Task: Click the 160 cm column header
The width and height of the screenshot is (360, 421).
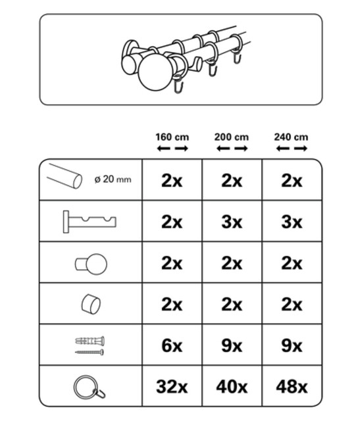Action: point(172,137)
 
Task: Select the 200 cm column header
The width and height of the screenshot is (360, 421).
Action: point(232,137)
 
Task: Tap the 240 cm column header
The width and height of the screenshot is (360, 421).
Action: point(291,137)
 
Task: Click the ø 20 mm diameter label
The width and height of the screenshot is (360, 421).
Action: point(113,179)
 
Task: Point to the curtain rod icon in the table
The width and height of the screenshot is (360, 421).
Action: point(64,176)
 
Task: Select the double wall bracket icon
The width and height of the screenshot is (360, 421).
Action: point(90,222)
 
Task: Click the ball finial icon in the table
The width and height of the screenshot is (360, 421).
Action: point(91,264)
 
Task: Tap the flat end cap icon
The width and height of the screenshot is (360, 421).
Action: point(91,305)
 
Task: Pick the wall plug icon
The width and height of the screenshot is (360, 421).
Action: point(90,341)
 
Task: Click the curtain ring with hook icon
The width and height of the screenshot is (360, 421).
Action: point(90,387)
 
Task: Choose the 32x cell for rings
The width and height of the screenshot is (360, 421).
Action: point(172,387)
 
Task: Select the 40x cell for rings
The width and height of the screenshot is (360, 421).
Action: point(232,387)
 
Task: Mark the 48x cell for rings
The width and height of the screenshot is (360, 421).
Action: point(292,387)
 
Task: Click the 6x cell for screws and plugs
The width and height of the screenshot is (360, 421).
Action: point(172,345)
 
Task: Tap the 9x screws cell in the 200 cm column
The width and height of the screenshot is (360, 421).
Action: point(232,345)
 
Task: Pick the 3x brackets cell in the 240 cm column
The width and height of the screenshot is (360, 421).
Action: point(292,222)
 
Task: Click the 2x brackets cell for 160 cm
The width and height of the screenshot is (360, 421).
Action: point(172,222)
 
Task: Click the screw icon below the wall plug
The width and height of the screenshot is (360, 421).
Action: point(90,353)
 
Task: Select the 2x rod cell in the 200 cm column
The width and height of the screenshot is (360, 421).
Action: point(232,181)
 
